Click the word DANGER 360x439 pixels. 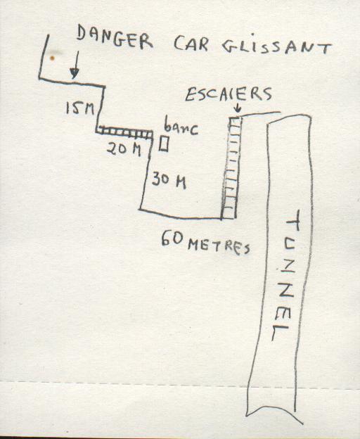115,38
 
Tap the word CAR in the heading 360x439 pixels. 191,44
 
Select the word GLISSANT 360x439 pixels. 277,47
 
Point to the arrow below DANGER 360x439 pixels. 75,65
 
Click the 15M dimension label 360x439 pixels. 79,108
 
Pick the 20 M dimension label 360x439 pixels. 124,150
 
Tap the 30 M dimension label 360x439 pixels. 169,180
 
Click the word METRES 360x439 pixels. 219,247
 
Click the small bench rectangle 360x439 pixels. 164,144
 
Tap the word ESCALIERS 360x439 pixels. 229,94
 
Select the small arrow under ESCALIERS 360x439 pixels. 238,108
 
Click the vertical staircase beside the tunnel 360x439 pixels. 232,167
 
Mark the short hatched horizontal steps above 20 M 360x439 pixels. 124,133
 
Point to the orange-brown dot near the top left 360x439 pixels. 52,58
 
